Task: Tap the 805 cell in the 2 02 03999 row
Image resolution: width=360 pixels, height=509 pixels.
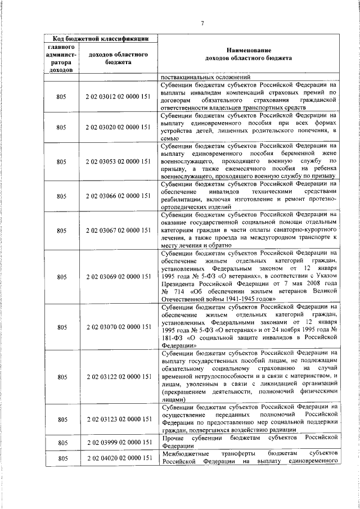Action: pos(62,442)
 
